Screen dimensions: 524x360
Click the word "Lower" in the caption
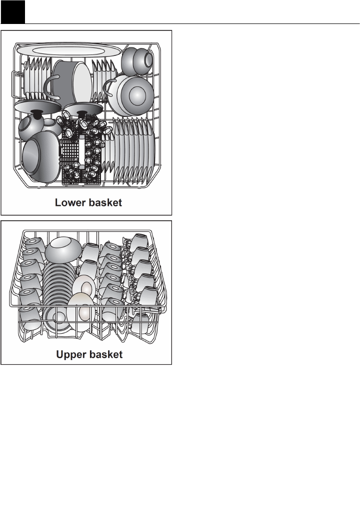coord(70,203)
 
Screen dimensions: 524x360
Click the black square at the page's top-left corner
coord(12,12)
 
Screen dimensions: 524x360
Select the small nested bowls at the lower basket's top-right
coord(137,60)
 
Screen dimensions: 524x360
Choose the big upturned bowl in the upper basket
coord(63,249)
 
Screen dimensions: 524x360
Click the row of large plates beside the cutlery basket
coord(134,150)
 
